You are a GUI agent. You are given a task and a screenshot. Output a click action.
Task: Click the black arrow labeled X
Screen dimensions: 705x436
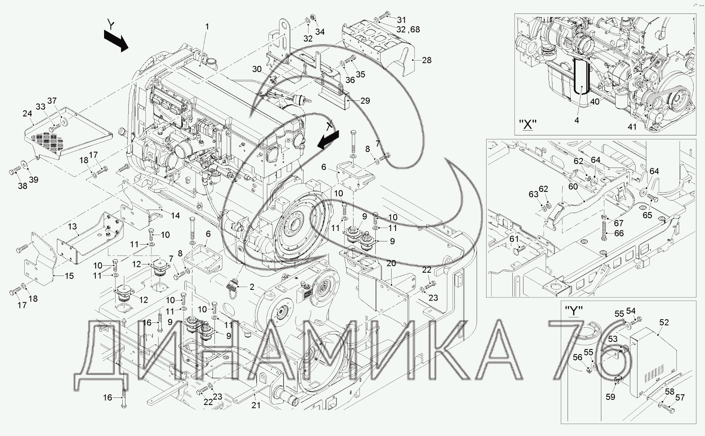tap(328, 140)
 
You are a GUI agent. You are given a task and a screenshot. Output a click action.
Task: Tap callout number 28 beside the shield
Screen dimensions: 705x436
tap(427, 60)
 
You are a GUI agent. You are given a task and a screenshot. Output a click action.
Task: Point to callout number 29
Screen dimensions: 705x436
tap(365, 100)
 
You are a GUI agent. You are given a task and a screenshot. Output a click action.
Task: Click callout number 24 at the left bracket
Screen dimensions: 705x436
tap(27, 114)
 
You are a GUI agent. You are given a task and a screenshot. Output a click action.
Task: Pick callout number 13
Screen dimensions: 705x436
tap(72, 226)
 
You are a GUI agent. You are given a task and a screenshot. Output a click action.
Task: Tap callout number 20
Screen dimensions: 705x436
tap(391, 263)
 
